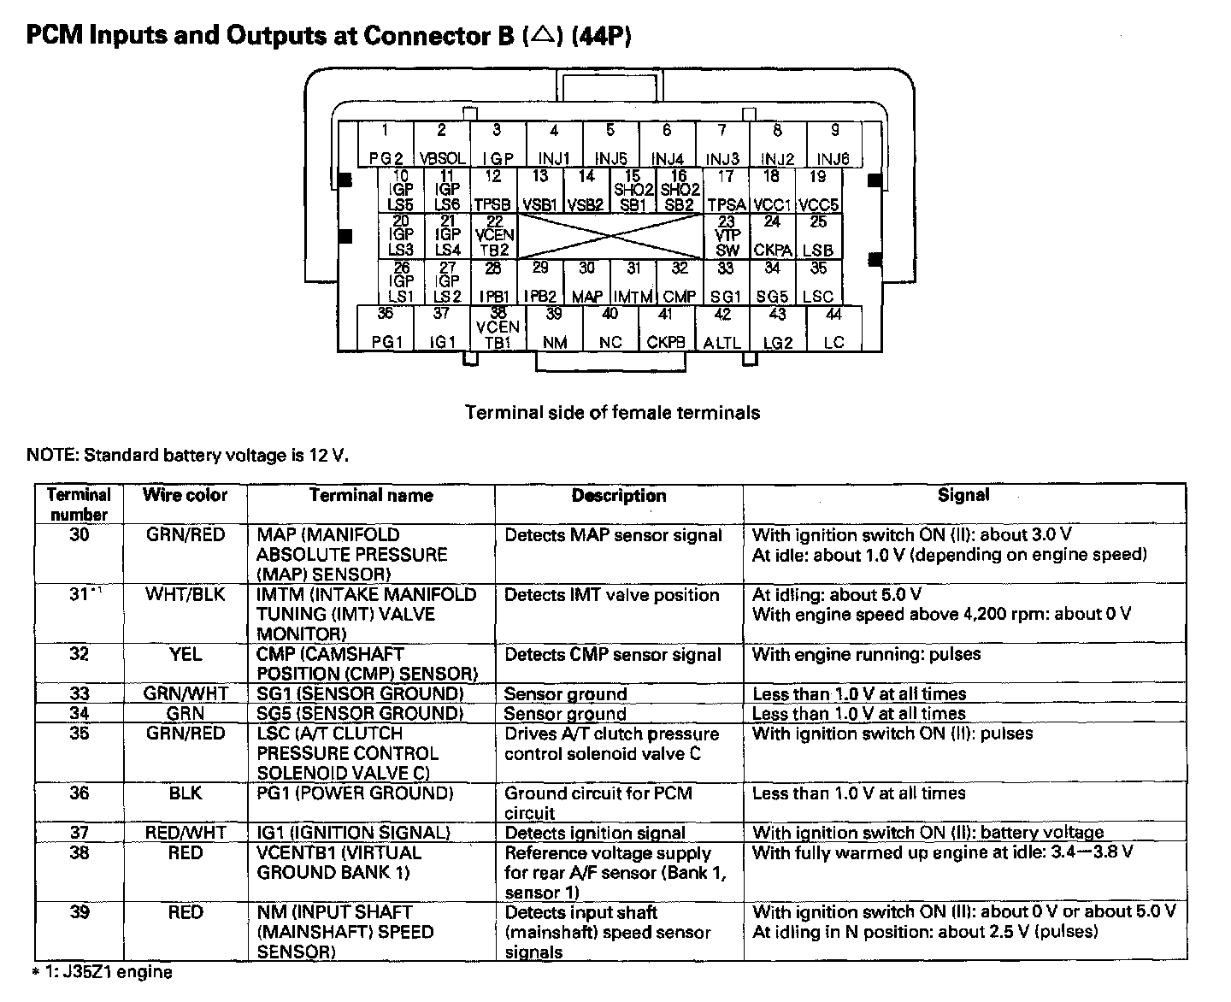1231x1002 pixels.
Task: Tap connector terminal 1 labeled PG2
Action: pos(386,144)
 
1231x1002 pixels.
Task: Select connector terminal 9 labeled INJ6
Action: pos(834,144)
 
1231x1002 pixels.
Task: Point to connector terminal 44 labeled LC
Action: pos(833,329)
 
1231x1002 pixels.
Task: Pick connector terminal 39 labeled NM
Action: pos(555,329)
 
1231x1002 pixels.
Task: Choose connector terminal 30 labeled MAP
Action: pos(586,283)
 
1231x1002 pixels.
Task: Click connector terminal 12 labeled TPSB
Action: pos(493,191)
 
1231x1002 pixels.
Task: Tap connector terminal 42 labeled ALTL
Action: pos(722,329)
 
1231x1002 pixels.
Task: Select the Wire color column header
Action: pos(185,495)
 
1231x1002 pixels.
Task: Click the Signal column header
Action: pos(963,495)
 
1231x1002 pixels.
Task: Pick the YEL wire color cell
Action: pos(185,655)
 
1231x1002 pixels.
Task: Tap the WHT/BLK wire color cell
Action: pos(185,595)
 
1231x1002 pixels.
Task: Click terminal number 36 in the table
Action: pos(79,793)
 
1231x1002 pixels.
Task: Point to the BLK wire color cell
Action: pos(185,793)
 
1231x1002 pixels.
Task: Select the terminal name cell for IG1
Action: pos(353,833)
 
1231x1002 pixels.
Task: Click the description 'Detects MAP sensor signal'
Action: pos(613,536)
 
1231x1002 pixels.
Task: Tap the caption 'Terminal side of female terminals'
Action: pos(612,413)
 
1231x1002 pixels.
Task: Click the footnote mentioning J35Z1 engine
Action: pos(102,972)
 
